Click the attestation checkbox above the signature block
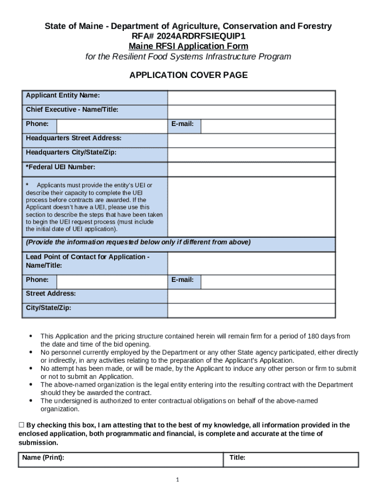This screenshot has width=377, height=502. click(22, 425)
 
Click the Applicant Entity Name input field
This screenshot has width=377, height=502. click(251, 98)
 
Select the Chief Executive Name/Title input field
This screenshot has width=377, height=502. click(251, 112)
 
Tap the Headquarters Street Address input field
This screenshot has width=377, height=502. click(251, 141)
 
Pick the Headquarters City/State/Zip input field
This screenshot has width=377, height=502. click(251, 155)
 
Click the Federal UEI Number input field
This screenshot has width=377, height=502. click(251, 169)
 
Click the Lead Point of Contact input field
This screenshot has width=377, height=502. click(251, 263)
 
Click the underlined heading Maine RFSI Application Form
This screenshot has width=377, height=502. click(188, 46)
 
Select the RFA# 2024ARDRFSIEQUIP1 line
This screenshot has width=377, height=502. click(188, 36)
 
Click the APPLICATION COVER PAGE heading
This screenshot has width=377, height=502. click(188, 75)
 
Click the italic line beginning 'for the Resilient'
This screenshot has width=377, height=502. click(188, 56)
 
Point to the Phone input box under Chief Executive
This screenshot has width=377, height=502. click(112, 126)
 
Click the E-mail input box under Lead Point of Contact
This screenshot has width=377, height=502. click(268, 282)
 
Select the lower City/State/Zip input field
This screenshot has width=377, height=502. click(251, 310)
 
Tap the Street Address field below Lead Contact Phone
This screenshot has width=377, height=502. click(251, 296)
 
